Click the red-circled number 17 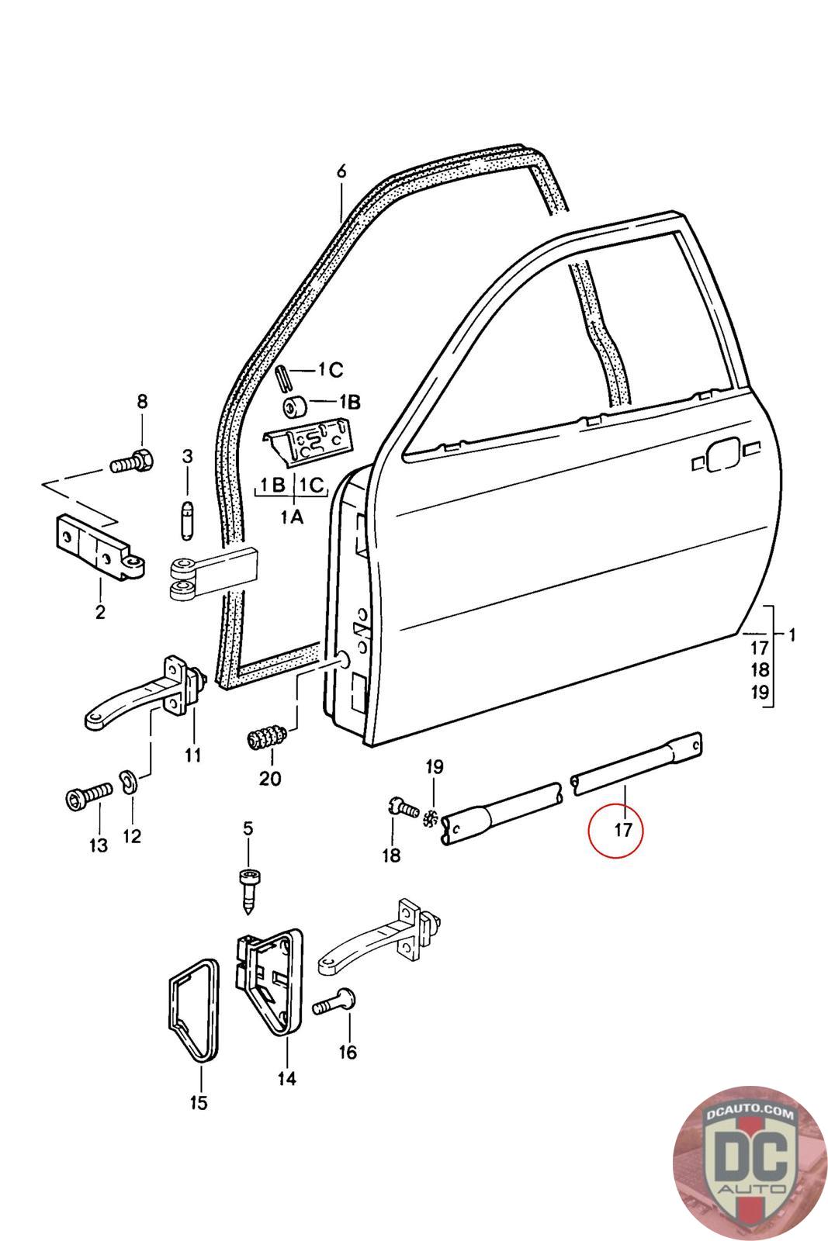[622, 830]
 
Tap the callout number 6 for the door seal [341, 171]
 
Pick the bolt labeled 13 [86, 797]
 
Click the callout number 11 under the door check [192, 754]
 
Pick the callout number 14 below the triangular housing [287, 1077]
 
